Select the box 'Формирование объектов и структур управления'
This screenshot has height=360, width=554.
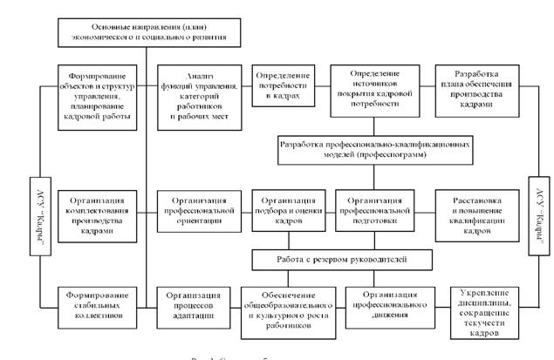tap(97, 95)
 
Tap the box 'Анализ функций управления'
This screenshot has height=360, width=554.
tap(197, 95)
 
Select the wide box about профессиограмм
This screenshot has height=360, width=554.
tap(379, 146)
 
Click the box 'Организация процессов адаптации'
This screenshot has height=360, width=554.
tap(197, 304)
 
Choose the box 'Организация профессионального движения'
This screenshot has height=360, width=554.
tap(391, 306)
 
